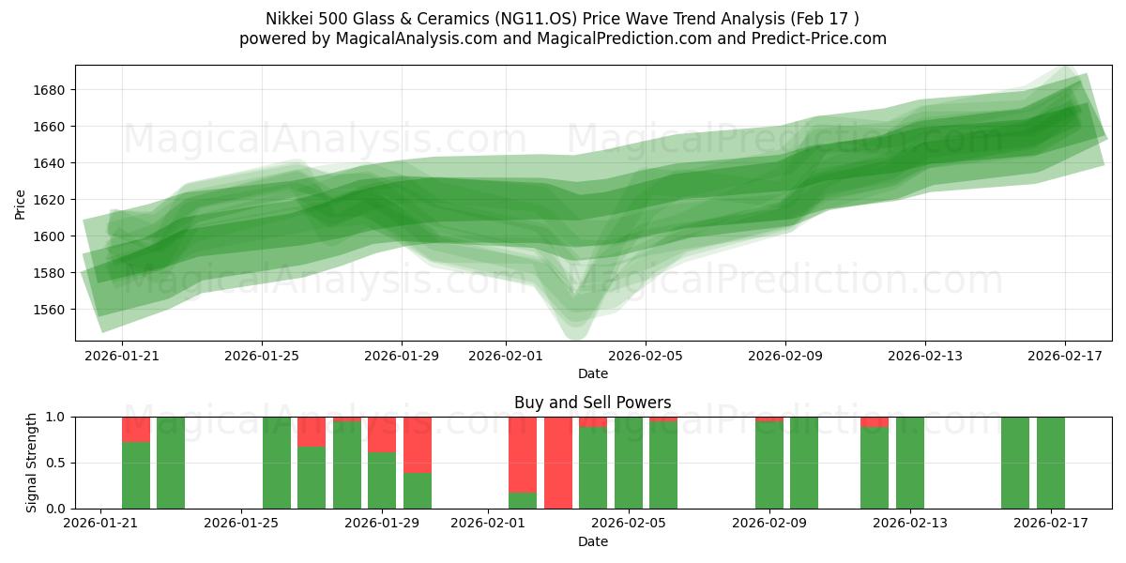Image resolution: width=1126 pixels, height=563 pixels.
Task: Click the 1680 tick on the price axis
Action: click(x=52, y=90)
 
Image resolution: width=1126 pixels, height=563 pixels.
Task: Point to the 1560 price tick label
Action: click(x=52, y=310)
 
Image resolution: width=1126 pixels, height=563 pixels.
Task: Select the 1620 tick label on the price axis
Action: click(x=52, y=200)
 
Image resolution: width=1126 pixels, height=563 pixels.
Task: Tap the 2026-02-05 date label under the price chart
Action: click(x=645, y=356)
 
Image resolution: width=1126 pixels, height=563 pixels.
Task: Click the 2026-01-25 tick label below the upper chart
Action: click(x=262, y=356)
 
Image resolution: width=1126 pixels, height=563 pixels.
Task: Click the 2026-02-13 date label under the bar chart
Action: click(x=909, y=524)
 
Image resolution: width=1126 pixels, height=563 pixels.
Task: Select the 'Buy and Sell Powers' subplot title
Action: click(x=592, y=403)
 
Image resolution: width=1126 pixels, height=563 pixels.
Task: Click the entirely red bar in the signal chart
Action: click(x=558, y=463)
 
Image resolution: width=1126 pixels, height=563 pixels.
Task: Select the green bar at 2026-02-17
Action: click(x=1051, y=463)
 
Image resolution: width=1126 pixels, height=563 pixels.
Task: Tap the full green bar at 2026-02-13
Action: click(x=910, y=463)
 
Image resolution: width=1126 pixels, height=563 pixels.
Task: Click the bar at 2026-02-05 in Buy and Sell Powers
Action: click(x=663, y=464)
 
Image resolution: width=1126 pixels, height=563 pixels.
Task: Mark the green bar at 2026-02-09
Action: click(x=769, y=466)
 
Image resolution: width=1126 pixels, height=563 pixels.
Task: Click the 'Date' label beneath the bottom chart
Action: click(x=592, y=541)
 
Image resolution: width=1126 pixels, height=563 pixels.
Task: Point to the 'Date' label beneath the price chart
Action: click(x=592, y=373)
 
